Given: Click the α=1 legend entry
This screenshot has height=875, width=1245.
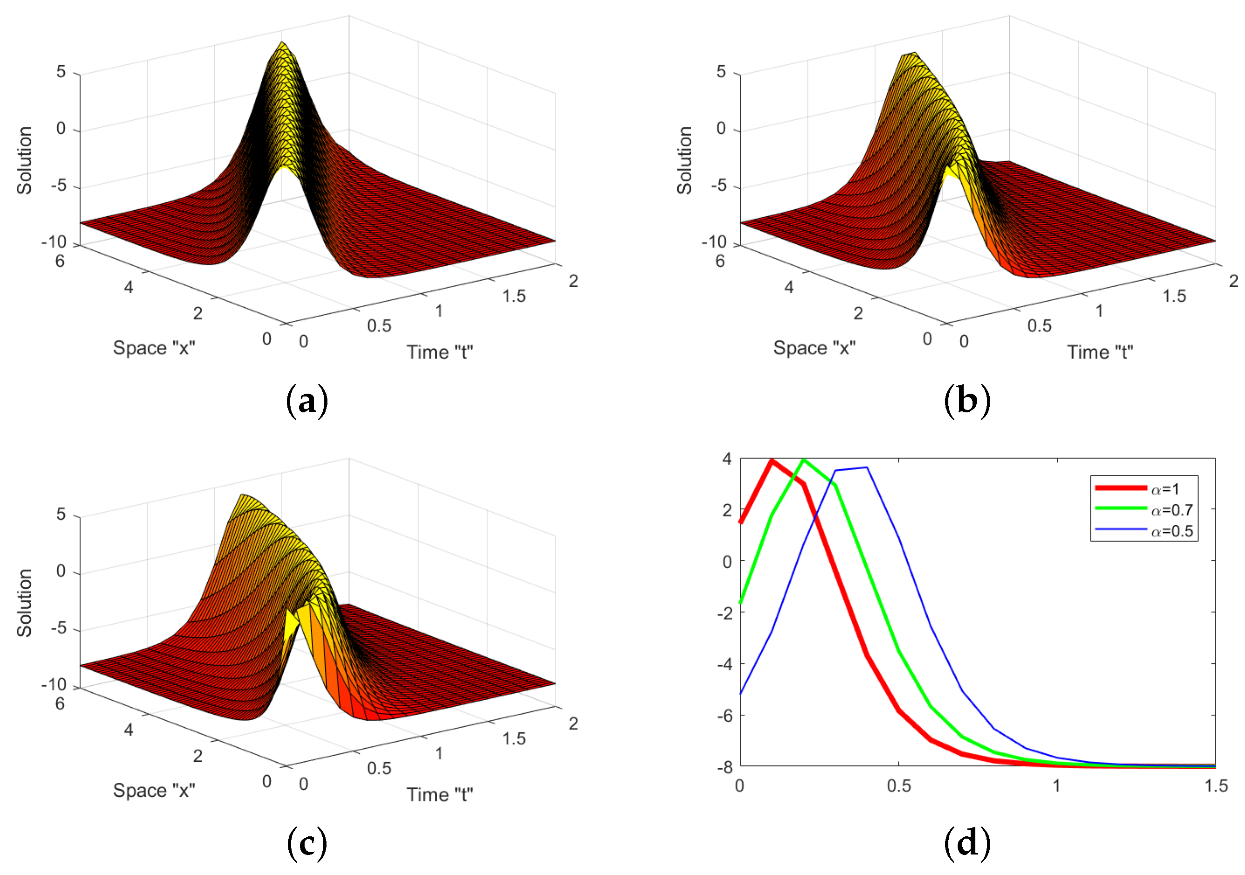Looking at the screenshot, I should point(1164,489).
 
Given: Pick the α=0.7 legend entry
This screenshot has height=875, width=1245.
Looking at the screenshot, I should point(1171,510).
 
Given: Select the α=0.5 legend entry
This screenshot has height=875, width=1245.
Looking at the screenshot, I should point(1171,531).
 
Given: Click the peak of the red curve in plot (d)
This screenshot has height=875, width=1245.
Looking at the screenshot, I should point(772,460).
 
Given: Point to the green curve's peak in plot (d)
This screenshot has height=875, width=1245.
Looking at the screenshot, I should point(803,459).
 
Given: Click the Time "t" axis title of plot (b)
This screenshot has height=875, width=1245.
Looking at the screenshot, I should point(1100,353).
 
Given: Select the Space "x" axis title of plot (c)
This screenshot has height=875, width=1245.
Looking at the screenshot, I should point(154,790).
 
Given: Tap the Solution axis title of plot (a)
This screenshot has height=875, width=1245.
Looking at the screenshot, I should point(24,160).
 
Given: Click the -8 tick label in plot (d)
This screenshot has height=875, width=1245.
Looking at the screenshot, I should point(726,767).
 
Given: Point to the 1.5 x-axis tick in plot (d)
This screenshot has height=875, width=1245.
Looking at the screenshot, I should point(1216,786).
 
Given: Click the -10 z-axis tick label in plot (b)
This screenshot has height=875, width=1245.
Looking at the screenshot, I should point(714,242).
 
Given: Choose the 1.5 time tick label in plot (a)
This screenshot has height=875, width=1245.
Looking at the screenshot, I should point(513,296).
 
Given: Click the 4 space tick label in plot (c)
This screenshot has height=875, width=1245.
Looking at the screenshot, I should point(129,730).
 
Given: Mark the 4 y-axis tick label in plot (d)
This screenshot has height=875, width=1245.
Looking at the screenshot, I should point(727,459).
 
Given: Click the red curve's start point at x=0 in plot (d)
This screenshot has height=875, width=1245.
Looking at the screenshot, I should point(741,522).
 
